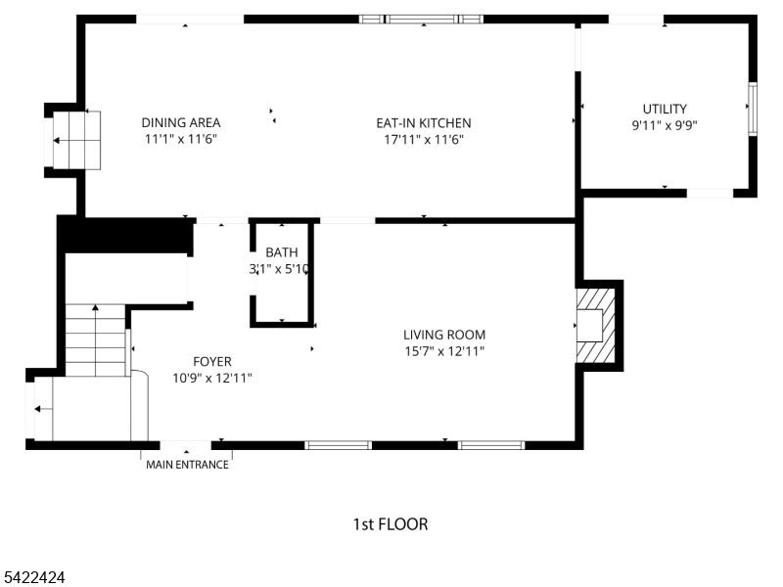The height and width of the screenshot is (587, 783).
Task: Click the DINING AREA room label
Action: point(181,122)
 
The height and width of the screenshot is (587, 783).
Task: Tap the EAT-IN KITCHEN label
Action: point(424,123)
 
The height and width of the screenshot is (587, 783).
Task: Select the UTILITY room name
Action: point(665,109)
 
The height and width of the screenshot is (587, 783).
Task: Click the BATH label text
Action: point(281,252)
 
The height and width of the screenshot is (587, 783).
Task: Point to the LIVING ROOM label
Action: point(445,335)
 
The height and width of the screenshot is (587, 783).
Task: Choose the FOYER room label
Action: point(212,361)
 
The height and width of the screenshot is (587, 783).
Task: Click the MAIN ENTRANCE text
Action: point(187,465)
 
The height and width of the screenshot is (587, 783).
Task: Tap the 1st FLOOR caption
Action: point(390,524)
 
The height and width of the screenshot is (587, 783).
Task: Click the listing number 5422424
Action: point(33,578)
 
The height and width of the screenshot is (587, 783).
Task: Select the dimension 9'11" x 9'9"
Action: point(665,125)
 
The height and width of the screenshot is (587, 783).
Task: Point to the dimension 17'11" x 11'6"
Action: point(424,140)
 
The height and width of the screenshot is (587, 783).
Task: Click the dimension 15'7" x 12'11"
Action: point(445,351)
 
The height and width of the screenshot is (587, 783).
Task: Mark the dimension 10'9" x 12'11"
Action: point(212,378)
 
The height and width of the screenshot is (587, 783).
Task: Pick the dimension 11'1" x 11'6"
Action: point(181,139)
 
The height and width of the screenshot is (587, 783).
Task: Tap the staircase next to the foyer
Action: point(96,339)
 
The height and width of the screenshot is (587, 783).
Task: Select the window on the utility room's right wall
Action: point(752,107)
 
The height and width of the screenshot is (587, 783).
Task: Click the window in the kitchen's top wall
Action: point(422,19)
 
